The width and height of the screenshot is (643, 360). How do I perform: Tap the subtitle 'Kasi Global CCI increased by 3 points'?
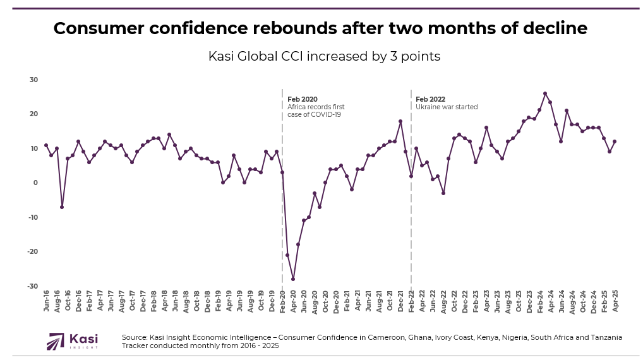click(324, 56)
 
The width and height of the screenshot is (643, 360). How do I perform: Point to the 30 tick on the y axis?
click(33, 80)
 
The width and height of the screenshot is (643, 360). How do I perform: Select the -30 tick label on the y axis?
click(32, 286)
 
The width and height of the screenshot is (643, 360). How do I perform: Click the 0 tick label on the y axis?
click(35, 183)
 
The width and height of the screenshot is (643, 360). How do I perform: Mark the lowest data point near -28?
click(293, 279)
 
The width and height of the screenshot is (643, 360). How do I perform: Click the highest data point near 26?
click(545, 93)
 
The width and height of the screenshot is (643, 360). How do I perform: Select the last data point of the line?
click(615, 141)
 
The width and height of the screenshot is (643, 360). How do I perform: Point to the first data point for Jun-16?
click(46, 145)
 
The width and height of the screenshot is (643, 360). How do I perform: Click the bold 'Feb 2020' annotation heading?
click(303, 99)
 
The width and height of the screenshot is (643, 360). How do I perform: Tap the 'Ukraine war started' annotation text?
click(447, 107)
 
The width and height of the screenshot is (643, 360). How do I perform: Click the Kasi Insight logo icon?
click(56, 341)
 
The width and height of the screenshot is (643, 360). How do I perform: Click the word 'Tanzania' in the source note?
click(604, 337)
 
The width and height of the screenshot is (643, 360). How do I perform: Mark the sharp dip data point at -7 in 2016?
click(62, 207)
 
